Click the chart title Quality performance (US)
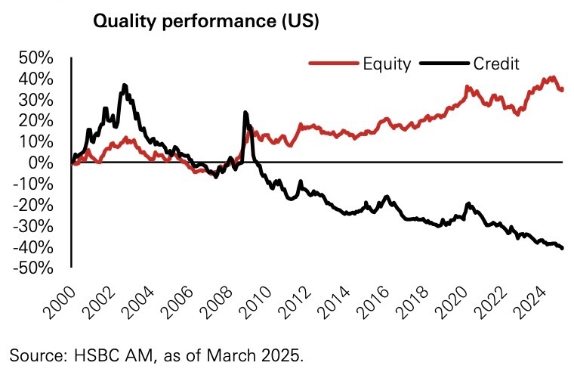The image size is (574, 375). point(205,21)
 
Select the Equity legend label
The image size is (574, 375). point(386,64)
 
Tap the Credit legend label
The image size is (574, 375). point(496,64)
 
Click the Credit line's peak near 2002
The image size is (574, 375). point(125,85)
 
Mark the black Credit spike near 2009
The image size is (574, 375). point(245,113)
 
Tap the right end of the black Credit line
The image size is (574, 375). point(563,248)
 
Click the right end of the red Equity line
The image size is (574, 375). point(562,90)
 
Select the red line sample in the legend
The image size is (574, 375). point(332,64)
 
